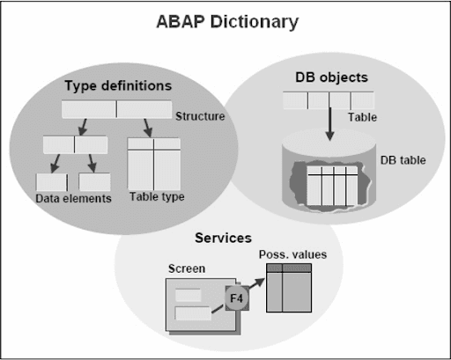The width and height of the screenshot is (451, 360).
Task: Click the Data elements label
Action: coord(74,199)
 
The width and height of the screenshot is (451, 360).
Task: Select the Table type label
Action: coord(157,197)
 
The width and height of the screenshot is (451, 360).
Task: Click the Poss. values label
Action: coord(292,254)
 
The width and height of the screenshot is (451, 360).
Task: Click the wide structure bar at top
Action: coord(117,110)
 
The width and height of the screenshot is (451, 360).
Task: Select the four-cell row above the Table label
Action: coord(328,100)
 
